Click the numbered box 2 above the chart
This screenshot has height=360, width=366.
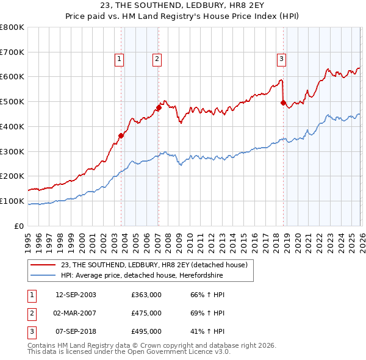coord(157,59)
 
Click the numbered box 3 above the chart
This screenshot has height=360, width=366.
coord(281,59)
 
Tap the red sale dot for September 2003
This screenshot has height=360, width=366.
coord(121,135)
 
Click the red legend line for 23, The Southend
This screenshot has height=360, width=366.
coord(43,265)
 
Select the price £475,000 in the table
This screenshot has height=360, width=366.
coord(146,313)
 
